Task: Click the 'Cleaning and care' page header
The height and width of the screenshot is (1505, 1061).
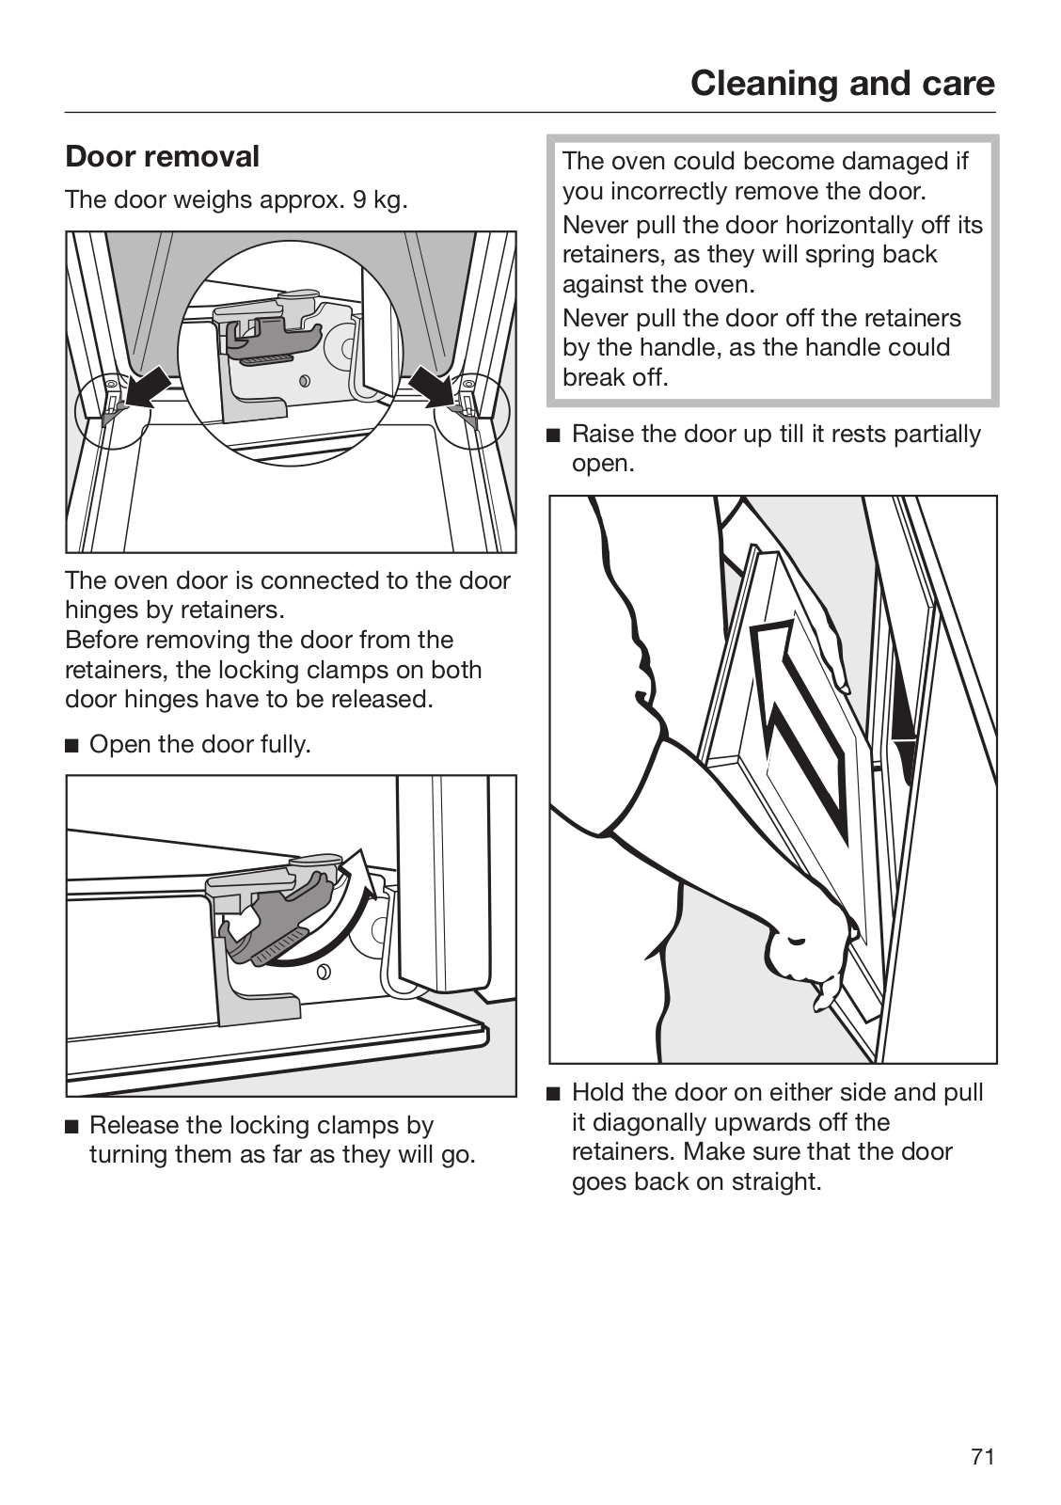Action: pyautogui.click(x=842, y=84)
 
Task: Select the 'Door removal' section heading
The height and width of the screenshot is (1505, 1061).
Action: pyautogui.click(x=162, y=156)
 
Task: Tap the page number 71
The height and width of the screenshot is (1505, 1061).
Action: pyautogui.click(x=982, y=1457)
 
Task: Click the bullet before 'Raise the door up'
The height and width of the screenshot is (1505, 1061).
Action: pyautogui.click(x=554, y=436)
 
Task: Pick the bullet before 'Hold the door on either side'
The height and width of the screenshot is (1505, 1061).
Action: pyautogui.click(x=554, y=1094)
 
